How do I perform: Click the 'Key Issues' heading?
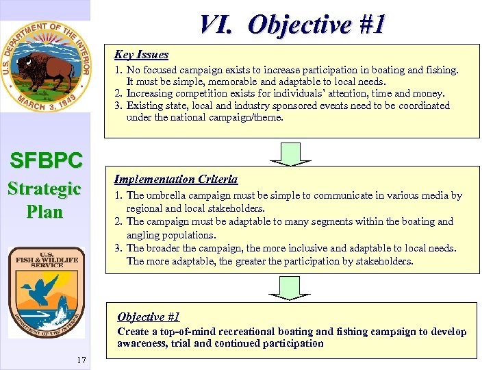[x=141, y=55]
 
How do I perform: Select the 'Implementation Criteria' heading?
[x=175, y=180]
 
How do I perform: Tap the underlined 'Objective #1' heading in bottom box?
[x=148, y=317]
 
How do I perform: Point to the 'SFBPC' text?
[x=46, y=160]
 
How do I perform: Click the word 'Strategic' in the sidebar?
[x=45, y=188]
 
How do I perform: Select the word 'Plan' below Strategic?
[x=45, y=212]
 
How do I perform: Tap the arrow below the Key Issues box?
[x=290, y=154]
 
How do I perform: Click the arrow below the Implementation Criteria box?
[x=290, y=288]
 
